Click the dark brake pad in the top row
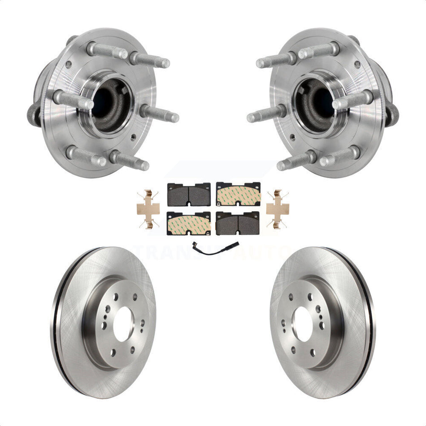tap(189, 194)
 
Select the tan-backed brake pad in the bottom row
tap(189, 222)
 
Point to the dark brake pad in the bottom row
tap(238, 222)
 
